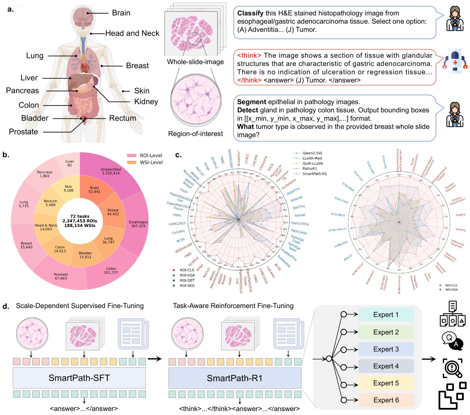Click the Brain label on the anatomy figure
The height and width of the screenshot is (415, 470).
pos(121,13)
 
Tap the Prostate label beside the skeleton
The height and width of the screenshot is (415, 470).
pos(23,132)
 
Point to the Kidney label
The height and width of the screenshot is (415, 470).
pos(146,102)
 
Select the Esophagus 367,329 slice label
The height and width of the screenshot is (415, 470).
pos(138,224)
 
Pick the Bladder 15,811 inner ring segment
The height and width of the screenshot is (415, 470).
pos(85,255)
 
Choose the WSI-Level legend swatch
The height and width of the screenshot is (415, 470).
pos(132,162)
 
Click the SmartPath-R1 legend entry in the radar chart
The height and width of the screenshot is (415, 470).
pos(314,174)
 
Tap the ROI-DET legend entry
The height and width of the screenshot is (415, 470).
pos(187,280)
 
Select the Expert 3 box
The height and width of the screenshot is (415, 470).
pos(386,349)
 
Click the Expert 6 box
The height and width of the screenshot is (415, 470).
pos(386,400)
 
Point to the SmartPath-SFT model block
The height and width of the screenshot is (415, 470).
pos(79,378)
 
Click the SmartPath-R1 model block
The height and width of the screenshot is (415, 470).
pos(235,378)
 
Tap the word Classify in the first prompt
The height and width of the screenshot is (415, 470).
pos(250,13)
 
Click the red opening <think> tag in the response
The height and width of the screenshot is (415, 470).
pos(249,55)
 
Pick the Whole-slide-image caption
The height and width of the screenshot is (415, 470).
pos(195,62)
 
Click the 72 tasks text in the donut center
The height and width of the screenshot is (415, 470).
pos(80,216)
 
